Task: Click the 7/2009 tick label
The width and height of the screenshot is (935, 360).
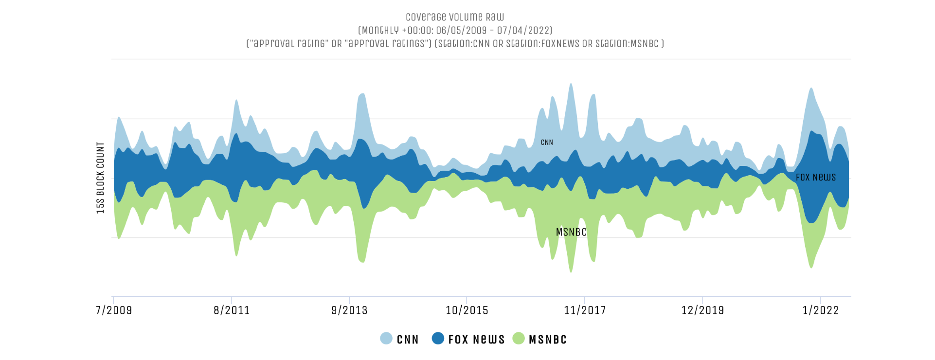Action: (x=114, y=310)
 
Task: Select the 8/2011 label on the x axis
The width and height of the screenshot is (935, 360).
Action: (x=232, y=310)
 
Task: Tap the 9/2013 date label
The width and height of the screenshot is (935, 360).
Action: (x=349, y=310)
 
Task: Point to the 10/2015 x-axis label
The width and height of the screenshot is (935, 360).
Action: (x=467, y=310)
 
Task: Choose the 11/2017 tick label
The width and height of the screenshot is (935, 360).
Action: (x=585, y=310)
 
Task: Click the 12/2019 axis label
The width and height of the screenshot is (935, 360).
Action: (x=702, y=310)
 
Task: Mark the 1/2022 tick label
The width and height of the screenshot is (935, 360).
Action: (x=821, y=310)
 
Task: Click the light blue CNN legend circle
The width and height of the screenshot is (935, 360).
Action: (x=386, y=339)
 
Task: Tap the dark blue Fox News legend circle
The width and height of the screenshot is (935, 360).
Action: (x=438, y=339)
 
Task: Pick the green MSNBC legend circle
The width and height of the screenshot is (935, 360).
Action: (x=519, y=339)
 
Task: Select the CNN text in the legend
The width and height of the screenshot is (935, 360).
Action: (x=408, y=340)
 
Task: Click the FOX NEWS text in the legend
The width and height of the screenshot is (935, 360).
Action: (x=476, y=340)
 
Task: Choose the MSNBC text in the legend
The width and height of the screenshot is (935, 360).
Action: (x=548, y=340)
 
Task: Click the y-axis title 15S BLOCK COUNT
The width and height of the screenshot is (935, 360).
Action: (x=101, y=178)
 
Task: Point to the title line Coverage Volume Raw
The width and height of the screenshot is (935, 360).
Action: (x=455, y=17)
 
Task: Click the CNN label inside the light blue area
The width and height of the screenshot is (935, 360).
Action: (x=547, y=143)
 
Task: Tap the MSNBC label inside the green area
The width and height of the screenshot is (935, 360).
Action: (x=571, y=233)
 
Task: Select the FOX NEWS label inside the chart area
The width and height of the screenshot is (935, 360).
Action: (x=816, y=178)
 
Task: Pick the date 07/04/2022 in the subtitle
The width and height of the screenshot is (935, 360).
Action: (x=524, y=31)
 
